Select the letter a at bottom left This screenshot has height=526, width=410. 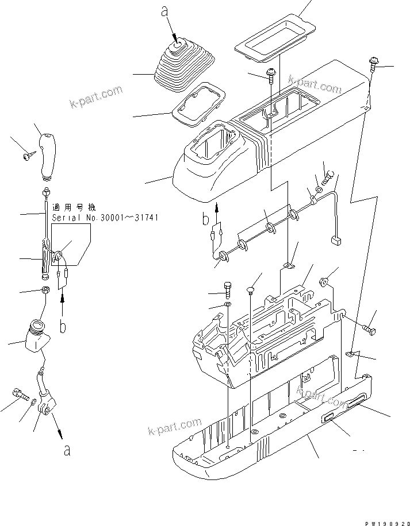click(x=67, y=451)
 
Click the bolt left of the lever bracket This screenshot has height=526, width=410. click(x=19, y=394)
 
